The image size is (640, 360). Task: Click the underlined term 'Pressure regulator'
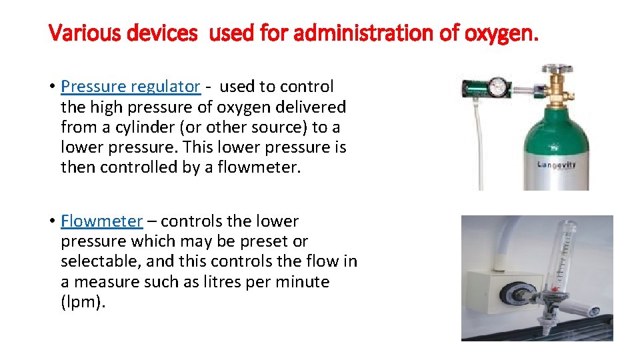pyautogui.click(x=130, y=87)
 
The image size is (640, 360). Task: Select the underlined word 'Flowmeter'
pyautogui.click(x=101, y=221)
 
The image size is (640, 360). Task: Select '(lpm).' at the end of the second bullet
pyautogui.click(x=83, y=302)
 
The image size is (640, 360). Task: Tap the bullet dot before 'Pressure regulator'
pyautogui.click(x=51, y=87)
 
